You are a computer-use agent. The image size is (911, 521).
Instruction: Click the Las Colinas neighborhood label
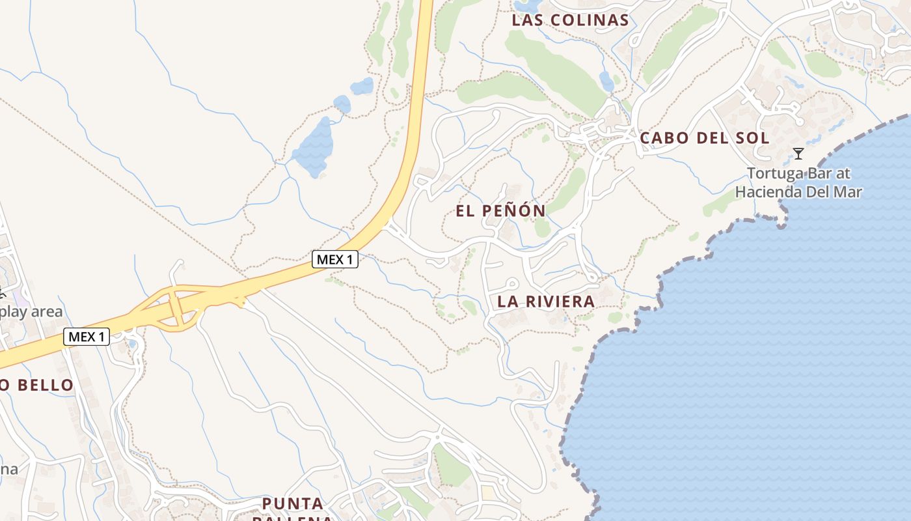570,20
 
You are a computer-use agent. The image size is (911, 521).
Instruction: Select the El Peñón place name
500,211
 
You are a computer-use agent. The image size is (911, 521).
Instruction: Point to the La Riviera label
546,302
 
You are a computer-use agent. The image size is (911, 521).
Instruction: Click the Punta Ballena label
293,511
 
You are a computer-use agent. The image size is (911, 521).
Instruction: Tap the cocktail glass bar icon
798,154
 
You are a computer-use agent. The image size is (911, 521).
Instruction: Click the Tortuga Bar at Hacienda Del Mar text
798,183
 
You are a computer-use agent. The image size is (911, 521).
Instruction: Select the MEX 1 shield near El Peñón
335,259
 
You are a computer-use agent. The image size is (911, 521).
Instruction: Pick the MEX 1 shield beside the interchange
87,337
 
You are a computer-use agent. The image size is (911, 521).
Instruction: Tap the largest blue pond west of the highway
312,147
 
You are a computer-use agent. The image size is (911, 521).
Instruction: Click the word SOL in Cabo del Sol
753,138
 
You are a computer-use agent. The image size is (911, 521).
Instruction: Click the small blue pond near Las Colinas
606,81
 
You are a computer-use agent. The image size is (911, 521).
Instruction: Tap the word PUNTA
293,503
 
